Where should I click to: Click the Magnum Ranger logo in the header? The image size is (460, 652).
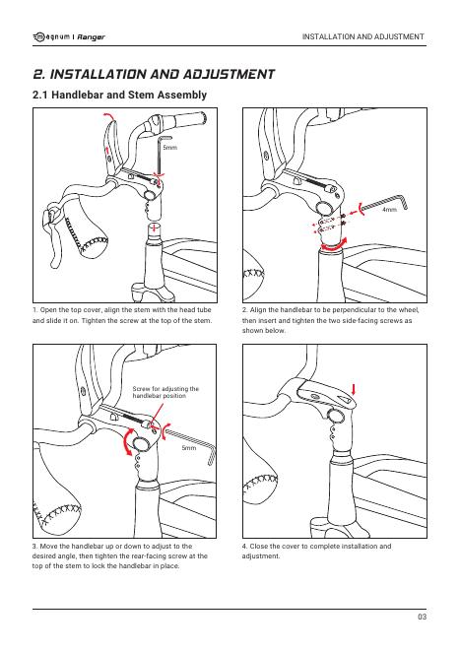click(69, 37)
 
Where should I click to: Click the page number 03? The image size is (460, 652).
click(422, 617)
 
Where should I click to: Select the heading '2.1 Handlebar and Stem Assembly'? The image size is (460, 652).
click(119, 95)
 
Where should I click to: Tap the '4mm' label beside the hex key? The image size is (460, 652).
click(389, 210)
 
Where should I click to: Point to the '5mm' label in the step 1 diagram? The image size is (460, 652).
click(169, 147)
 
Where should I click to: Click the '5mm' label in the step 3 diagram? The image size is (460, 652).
click(189, 448)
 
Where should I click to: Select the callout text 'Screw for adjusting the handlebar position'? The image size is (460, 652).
click(165, 392)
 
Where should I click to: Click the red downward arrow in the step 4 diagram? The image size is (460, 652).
click(354, 390)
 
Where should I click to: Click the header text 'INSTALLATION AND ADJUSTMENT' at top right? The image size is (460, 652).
click(363, 36)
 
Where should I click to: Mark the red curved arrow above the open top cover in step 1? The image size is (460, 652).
click(108, 115)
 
